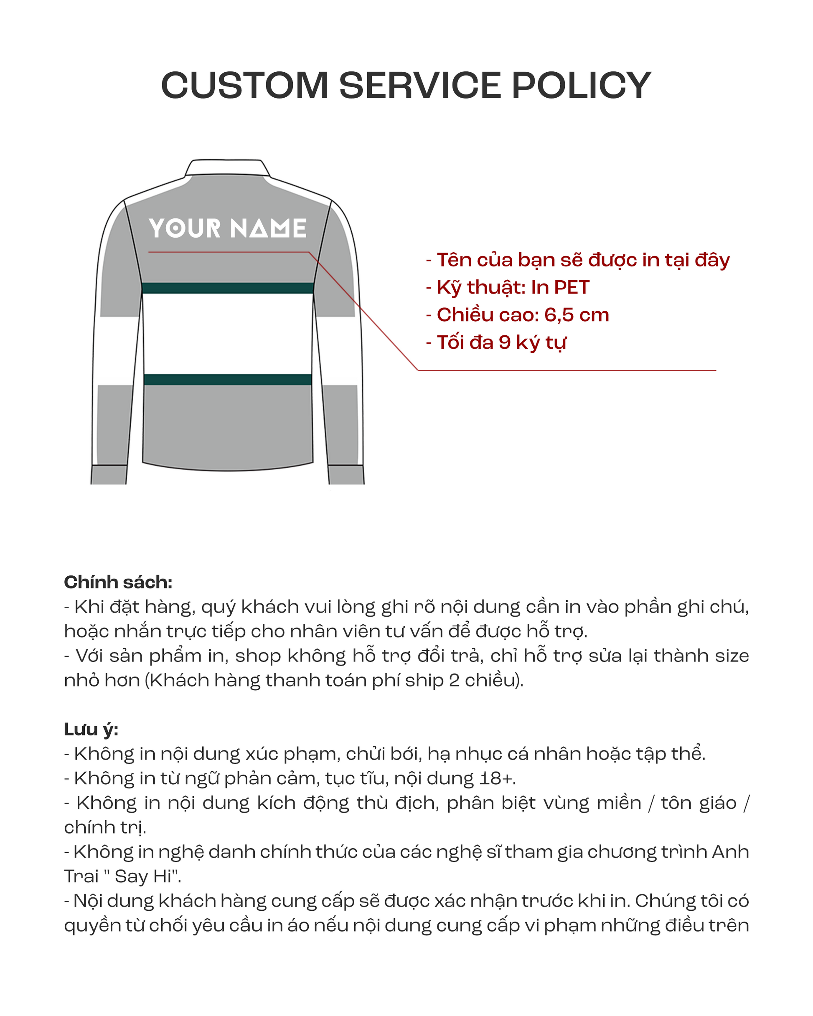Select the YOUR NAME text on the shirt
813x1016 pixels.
[228, 228]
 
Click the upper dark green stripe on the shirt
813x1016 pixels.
[228, 288]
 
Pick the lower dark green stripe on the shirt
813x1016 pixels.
[228, 379]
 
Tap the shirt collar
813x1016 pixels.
[227, 167]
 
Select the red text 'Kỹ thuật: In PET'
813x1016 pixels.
[513, 287]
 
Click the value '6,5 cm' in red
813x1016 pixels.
[576, 315]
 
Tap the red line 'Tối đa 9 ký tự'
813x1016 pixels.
[501, 342]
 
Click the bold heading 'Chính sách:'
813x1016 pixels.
[118, 583]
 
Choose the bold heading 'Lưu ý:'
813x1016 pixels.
[91, 730]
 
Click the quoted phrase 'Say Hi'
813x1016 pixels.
[143, 877]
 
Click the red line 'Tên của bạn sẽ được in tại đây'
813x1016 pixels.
[583, 260]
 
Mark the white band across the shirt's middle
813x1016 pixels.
[228, 334]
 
